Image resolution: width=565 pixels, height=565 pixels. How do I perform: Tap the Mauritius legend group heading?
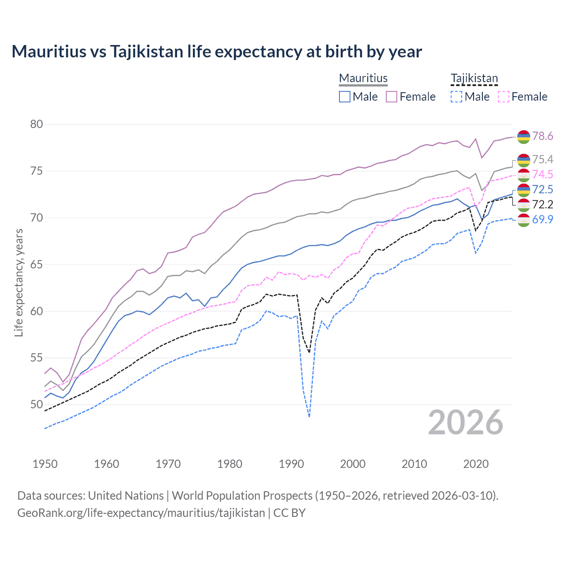tap(363, 78)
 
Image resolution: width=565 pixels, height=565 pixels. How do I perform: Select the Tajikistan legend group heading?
tap(474, 78)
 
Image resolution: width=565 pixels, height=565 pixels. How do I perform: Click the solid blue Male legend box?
tap(345, 97)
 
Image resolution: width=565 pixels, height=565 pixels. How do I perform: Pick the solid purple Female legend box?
tap(392, 97)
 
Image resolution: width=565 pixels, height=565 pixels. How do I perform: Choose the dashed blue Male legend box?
tap(456, 97)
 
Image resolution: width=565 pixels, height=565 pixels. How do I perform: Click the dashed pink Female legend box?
tap(503, 97)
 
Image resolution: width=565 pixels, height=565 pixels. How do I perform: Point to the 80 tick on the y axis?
tap(37, 124)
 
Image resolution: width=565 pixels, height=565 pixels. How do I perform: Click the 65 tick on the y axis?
tap(37, 264)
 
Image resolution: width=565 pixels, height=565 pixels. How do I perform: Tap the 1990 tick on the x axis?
tap(291, 464)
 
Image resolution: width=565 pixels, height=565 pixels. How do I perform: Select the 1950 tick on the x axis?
tap(45, 464)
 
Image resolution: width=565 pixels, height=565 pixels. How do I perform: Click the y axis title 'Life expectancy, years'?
tap(19, 282)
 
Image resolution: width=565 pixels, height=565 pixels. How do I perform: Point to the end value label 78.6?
tap(542, 136)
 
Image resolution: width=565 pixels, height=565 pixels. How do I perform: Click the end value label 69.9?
tap(542, 219)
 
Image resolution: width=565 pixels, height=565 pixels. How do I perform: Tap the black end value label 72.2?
tap(542, 204)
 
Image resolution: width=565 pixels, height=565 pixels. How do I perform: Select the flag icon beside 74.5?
tap(524, 175)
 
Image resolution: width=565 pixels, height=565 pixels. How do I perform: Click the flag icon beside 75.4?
tap(524, 160)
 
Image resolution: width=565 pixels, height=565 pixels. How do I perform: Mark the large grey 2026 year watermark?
tap(466, 422)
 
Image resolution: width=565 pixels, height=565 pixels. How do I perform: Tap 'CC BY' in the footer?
tap(290, 513)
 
